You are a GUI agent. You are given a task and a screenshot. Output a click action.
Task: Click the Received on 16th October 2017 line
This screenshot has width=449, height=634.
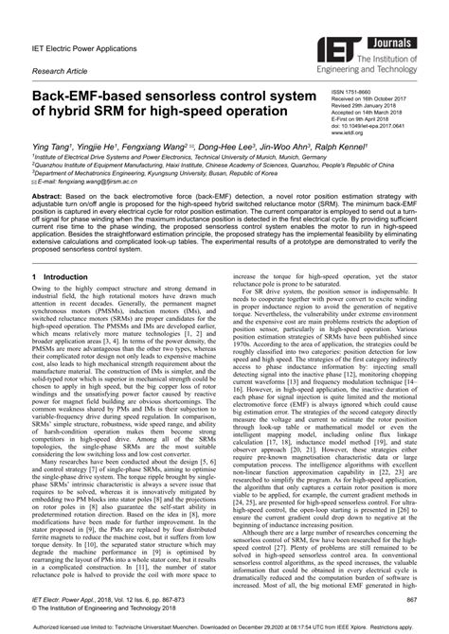[371, 99]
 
